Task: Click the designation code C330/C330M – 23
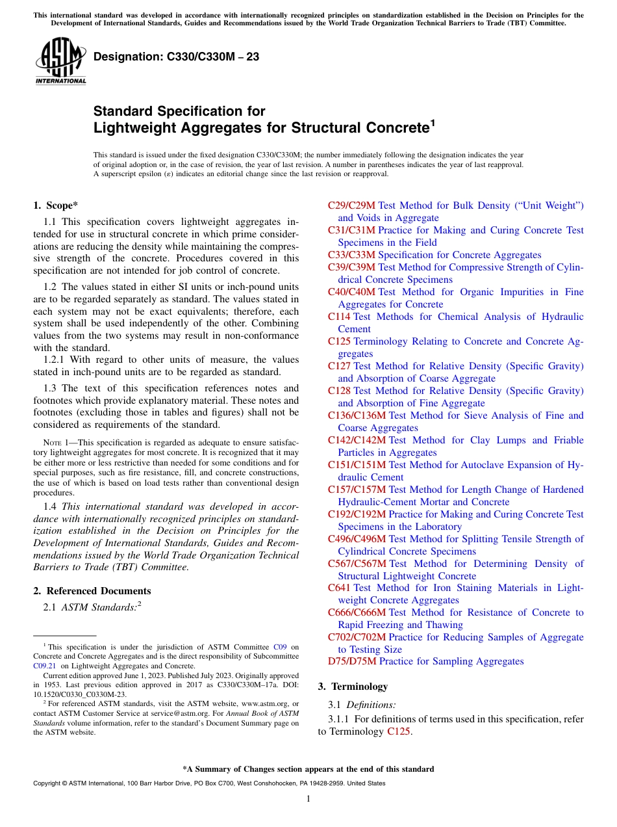(x=177, y=57)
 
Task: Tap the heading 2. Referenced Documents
(x=92, y=591)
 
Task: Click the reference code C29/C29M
(x=351, y=205)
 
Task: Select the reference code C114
(x=339, y=317)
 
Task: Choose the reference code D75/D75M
(x=351, y=661)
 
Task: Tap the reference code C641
(x=339, y=588)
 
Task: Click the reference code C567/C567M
(x=357, y=564)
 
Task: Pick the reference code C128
(x=339, y=391)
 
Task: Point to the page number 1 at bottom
(x=308, y=799)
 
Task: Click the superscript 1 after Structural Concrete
(x=432, y=122)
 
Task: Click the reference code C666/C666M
(x=357, y=612)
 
